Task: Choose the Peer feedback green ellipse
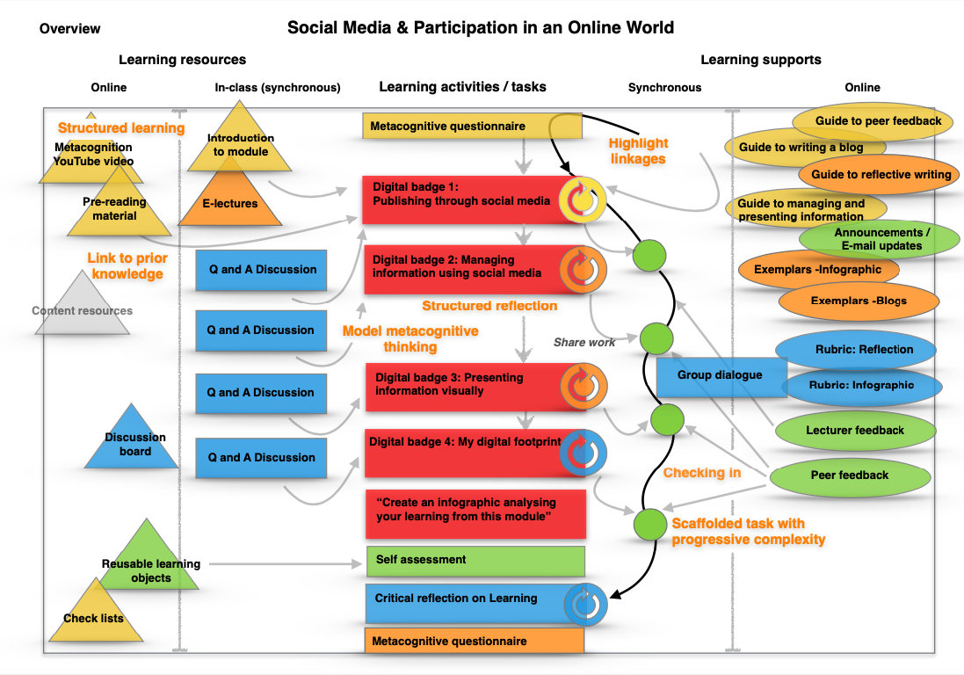(x=849, y=475)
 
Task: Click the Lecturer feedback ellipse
(x=854, y=430)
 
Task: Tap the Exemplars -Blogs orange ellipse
(x=858, y=301)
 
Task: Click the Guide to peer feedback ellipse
(x=878, y=121)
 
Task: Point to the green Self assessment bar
(x=475, y=560)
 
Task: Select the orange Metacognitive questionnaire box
(x=475, y=641)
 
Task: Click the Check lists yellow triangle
(x=93, y=611)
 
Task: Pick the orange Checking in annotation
(x=701, y=473)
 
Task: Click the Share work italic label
(x=584, y=342)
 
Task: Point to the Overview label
(x=70, y=29)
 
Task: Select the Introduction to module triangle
(x=240, y=141)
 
